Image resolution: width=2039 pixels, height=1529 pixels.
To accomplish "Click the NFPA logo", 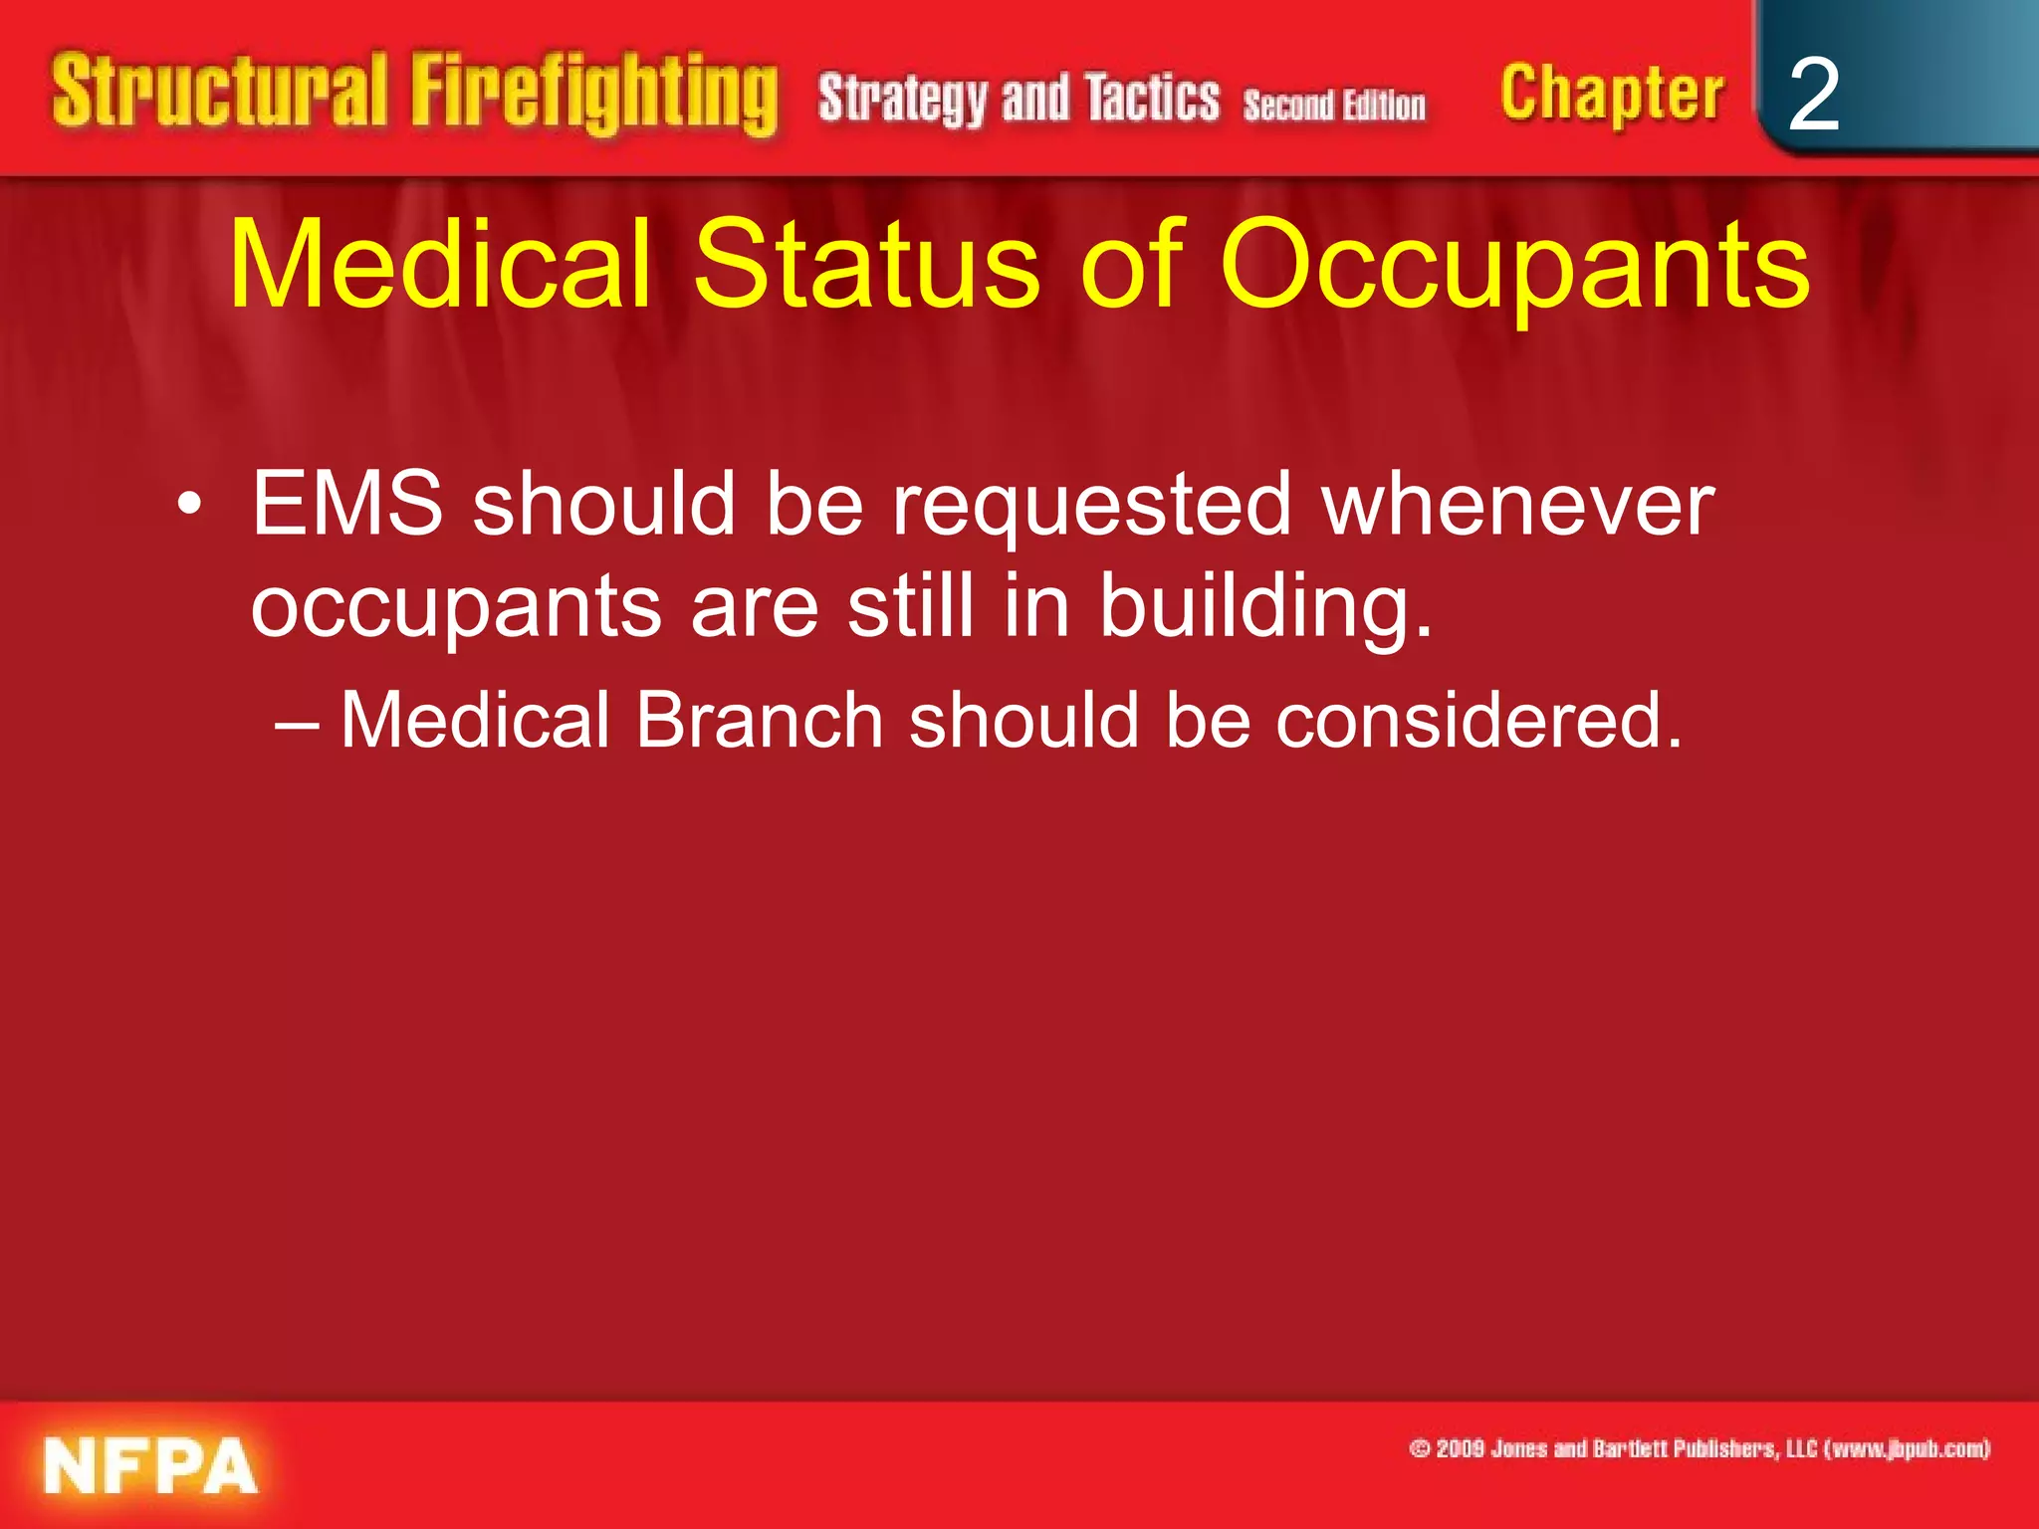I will [149, 1465].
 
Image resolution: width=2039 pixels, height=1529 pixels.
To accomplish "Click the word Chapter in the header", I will [1611, 95].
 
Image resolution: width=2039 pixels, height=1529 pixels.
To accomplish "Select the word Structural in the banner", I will [219, 92].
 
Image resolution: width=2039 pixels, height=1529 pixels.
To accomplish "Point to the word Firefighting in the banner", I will [593, 95].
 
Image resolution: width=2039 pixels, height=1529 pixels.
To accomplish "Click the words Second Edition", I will [1334, 106].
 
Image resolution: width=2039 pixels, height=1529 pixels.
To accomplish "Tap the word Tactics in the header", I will [1152, 99].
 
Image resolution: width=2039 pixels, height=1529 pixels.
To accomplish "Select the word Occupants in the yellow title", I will [1513, 267].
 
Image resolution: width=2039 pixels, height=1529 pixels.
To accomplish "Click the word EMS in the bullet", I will [346, 504].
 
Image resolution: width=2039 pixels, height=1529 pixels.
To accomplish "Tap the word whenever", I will [1517, 504].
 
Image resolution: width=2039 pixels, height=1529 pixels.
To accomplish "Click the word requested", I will [1091, 506].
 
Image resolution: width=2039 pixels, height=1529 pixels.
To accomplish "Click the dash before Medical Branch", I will [297, 723].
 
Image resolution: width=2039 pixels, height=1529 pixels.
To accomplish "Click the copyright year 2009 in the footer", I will [1460, 1448].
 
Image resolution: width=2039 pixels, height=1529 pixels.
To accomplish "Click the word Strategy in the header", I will [903, 100].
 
